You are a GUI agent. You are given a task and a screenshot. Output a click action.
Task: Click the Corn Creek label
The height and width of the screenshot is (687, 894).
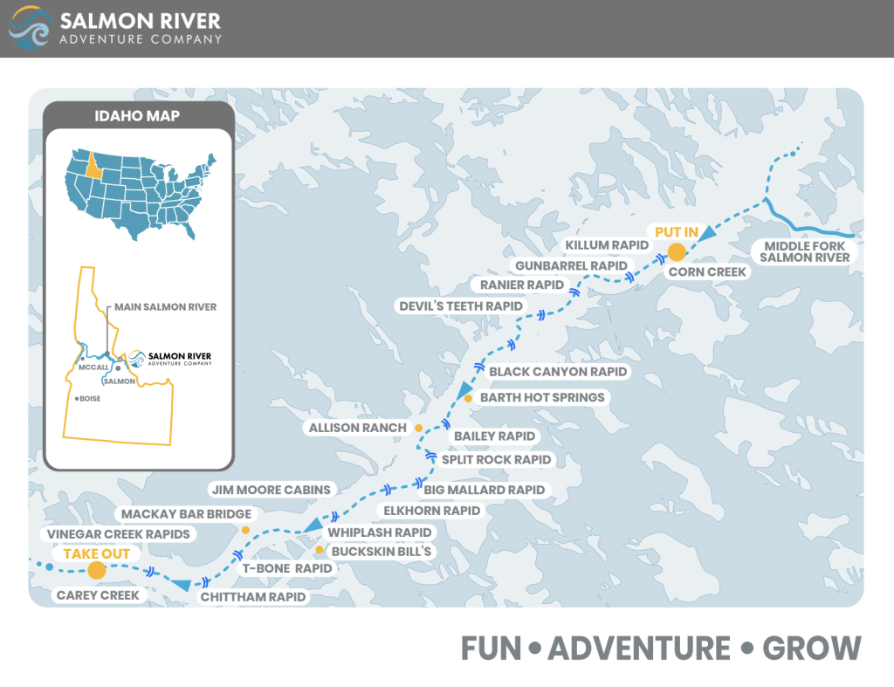point(707,272)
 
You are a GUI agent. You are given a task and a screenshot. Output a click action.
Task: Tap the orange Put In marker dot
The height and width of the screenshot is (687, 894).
point(675,253)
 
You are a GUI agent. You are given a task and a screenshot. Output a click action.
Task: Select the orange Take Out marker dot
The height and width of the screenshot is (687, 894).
point(96,570)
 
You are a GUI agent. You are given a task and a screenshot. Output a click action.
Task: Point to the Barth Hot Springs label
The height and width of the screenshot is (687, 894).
point(542,397)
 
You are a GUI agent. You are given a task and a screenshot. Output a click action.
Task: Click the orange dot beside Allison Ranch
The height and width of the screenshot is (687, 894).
point(418,428)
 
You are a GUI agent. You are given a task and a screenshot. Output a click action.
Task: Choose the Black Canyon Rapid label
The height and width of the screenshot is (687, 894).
point(558,372)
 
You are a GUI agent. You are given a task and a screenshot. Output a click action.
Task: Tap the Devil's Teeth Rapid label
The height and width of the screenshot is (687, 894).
point(461,306)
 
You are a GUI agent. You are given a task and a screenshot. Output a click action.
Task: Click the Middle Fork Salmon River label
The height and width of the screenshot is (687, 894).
point(803,251)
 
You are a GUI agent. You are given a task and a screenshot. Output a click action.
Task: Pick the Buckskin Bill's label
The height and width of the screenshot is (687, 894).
point(382,551)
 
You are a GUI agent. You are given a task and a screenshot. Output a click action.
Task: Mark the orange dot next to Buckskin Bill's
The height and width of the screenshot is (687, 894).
point(320,550)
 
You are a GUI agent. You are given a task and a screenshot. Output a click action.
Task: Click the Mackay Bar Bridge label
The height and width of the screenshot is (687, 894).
point(186,514)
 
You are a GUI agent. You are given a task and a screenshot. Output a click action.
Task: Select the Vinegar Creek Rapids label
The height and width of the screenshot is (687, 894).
point(118,533)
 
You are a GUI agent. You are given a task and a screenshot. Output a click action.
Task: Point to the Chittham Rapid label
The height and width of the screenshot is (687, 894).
point(253,597)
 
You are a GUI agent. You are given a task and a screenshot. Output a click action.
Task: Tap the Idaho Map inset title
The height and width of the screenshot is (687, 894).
point(136,115)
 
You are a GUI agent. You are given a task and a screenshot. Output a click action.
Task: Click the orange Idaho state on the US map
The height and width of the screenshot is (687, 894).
point(91,165)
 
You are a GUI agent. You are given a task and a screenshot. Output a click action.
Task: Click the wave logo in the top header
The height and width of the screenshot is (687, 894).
point(29,28)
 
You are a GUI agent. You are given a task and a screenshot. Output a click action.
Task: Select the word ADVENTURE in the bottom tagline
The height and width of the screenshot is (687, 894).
point(639,649)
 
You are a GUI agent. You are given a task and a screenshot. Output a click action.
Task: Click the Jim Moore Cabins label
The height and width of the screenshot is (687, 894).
point(271,490)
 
